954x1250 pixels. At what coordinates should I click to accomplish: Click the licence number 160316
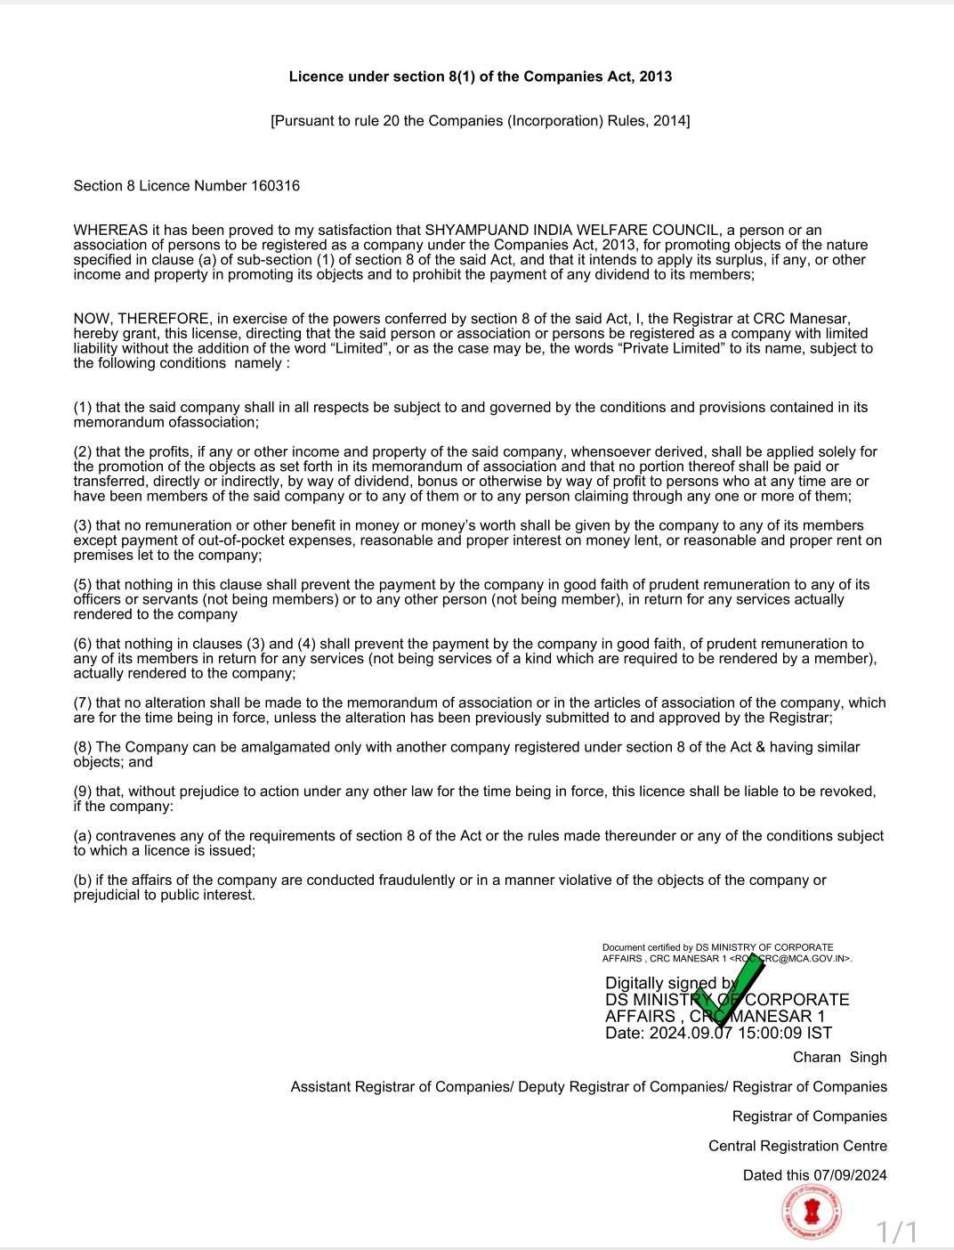(x=275, y=186)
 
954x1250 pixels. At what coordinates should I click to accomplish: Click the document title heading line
(x=481, y=77)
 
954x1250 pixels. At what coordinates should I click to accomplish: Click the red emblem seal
(x=812, y=1211)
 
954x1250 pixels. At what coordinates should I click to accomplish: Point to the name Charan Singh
(x=839, y=1057)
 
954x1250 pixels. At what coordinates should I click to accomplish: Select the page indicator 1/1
(x=897, y=1232)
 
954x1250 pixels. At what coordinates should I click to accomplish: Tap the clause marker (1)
(x=83, y=408)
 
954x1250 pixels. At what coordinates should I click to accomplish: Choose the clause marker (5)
(x=83, y=585)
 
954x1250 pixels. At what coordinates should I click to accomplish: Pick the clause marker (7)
(x=83, y=703)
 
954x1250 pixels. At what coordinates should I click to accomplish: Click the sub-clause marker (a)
(x=83, y=836)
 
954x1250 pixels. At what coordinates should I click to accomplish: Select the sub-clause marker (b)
(x=83, y=881)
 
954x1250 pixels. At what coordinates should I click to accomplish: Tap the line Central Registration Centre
(x=797, y=1146)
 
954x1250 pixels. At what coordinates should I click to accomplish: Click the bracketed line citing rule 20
(x=481, y=120)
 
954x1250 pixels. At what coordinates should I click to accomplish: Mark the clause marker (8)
(x=83, y=748)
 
